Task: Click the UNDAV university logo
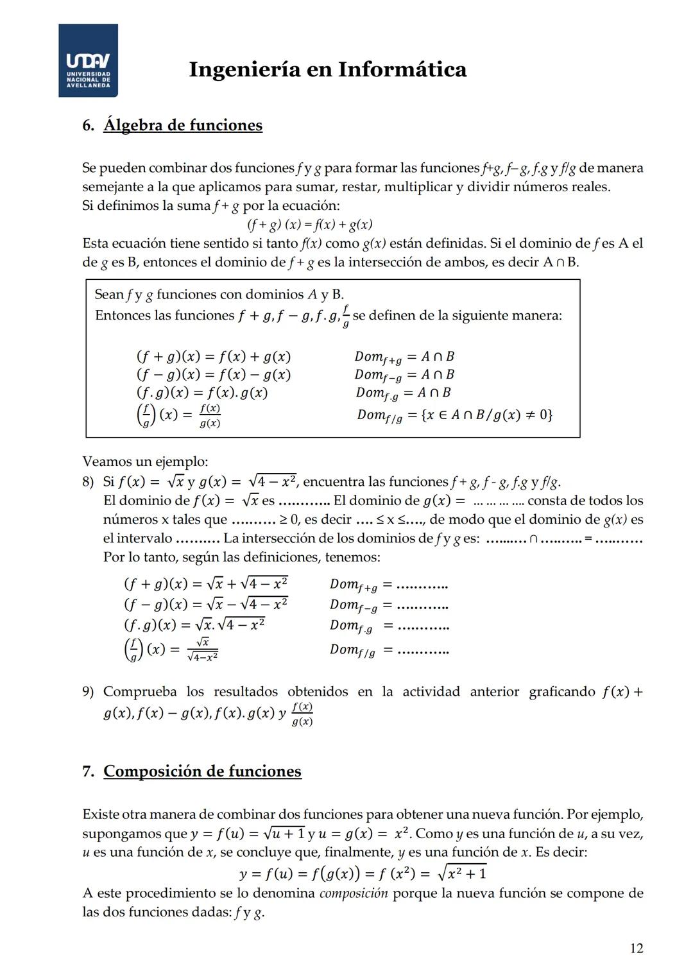click(88, 60)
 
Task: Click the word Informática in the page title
click(402, 69)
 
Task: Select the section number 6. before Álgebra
click(89, 125)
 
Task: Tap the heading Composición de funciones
click(202, 771)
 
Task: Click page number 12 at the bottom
click(636, 948)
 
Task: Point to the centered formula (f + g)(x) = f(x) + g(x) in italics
click(310, 225)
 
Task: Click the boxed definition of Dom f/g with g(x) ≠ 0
click(454, 415)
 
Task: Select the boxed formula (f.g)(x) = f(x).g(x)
click(201, 393)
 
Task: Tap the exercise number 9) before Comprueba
click(89, 692)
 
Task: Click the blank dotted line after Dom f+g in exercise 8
click(422, 585)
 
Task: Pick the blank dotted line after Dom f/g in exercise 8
click(422, 651)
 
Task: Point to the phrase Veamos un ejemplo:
click(145, 461)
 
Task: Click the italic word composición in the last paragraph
click(353, 893)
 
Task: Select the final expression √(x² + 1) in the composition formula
click(461, 873)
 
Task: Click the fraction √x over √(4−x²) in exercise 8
click(202, 649)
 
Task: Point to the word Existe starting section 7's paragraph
click(101, 814)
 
